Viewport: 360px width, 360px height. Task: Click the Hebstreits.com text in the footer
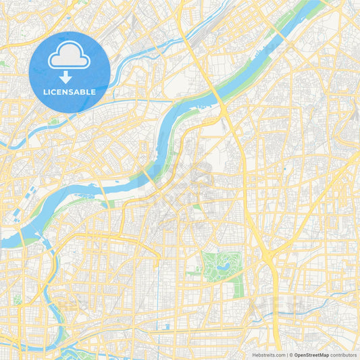coord(267,355)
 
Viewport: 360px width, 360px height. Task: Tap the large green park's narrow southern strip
coord(238,287)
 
